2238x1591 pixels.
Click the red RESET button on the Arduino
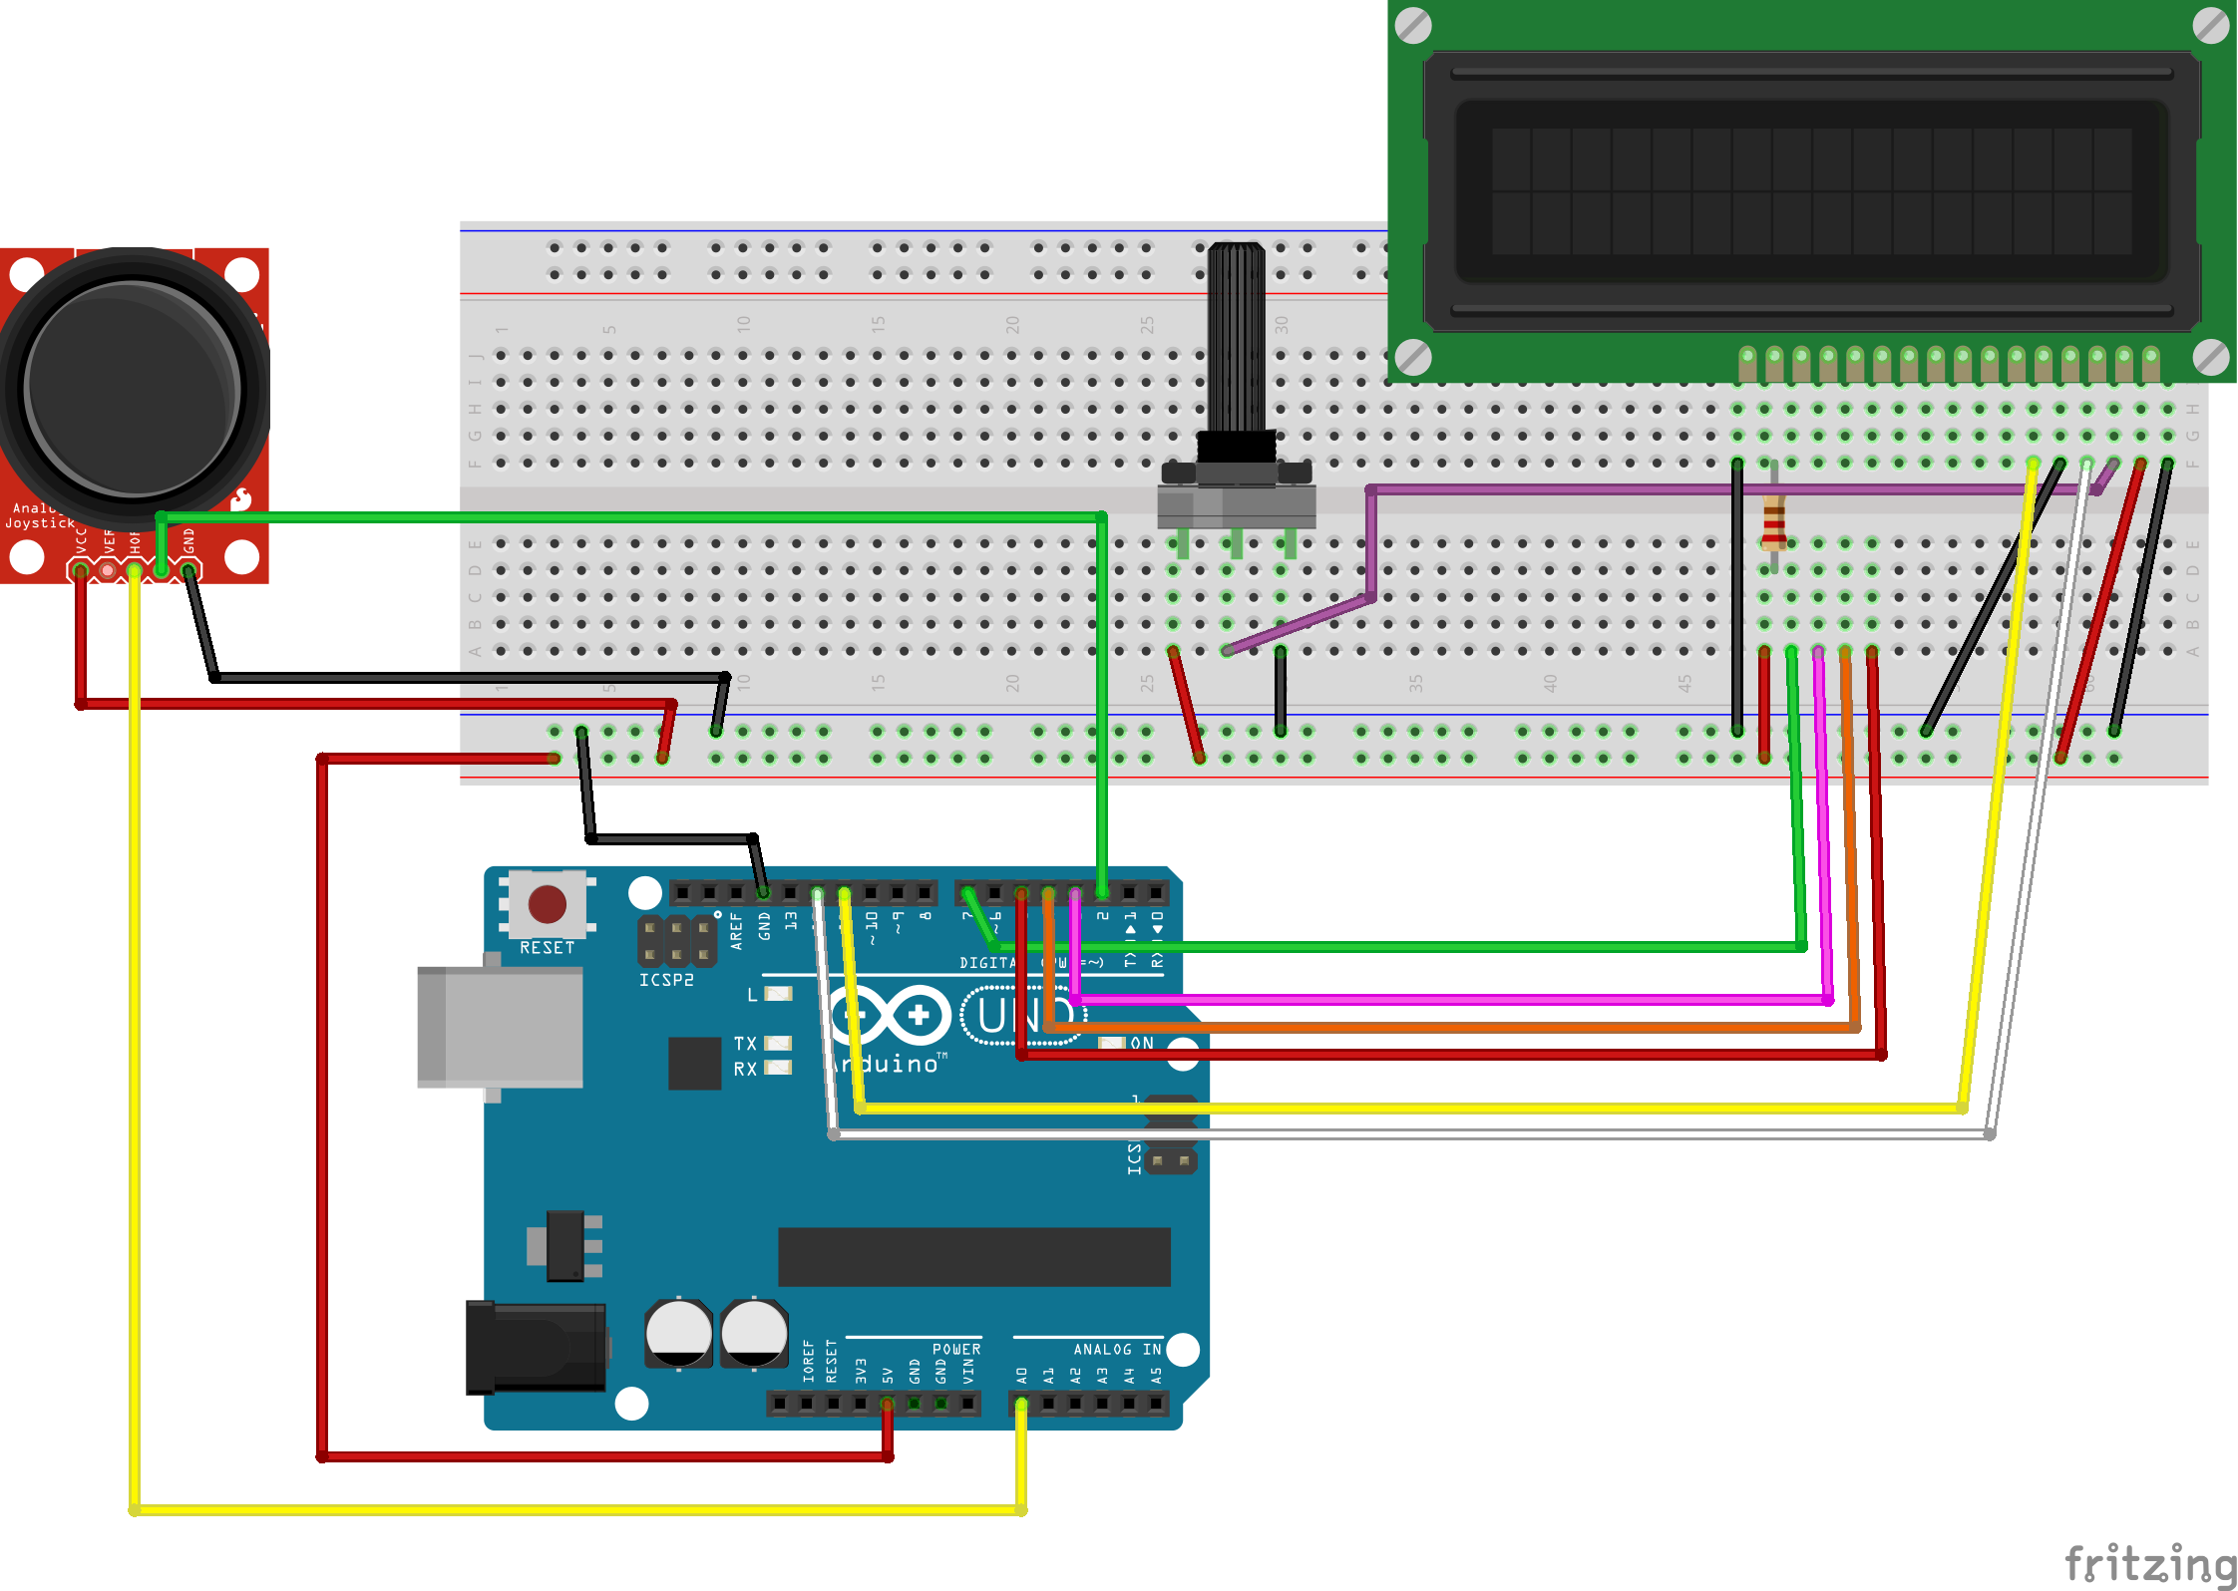547,904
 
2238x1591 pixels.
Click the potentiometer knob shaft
1236,339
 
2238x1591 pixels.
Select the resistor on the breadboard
1773,522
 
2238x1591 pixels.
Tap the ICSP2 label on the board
666,980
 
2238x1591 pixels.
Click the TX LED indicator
778,1043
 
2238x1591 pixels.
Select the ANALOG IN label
1116,1349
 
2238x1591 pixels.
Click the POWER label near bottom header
955,1349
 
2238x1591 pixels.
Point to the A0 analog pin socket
1020,1404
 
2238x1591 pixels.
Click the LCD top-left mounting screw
1413,26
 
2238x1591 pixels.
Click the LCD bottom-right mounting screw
2210,357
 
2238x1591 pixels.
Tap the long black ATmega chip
973,1256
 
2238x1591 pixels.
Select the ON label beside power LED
1142,1043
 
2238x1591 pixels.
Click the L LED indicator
778,994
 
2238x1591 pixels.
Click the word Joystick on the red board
40,522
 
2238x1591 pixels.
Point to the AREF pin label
736,929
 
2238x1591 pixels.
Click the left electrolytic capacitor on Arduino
679,1333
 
